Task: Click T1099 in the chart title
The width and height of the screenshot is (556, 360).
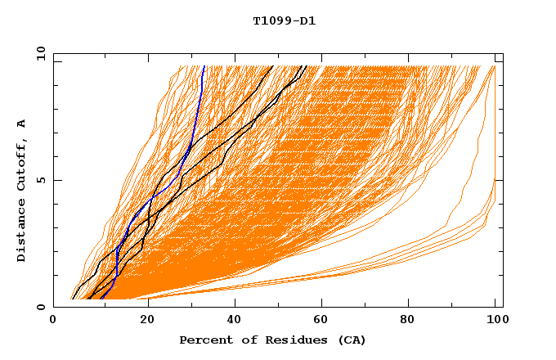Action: [x=270, y=20]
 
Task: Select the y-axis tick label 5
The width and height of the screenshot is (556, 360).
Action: [x=40, y=180]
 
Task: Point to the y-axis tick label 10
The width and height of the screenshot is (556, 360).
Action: [x=40, y=53]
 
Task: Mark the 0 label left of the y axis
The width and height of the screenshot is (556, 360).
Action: [x=40, y=307]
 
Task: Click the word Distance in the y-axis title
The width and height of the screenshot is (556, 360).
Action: [x=21, y=229]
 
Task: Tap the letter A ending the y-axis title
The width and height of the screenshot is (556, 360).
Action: [x=21, y=124]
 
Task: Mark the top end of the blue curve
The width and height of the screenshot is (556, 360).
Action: [x=204, y=66]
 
